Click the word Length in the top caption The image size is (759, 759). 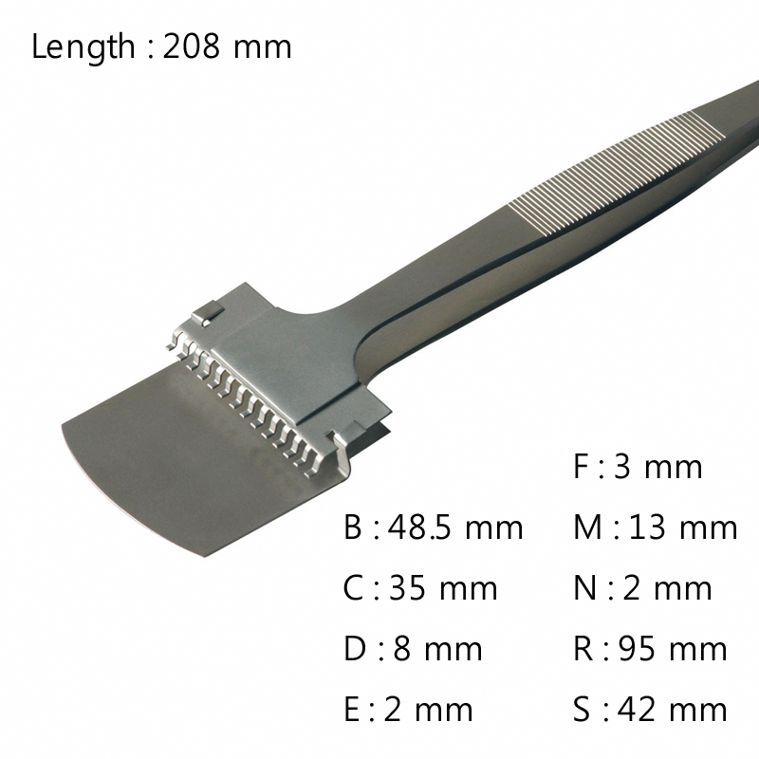(83, 46)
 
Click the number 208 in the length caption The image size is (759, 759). (192, 46)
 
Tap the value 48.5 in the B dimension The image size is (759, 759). (420, 528)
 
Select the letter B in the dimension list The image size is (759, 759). (353, 528)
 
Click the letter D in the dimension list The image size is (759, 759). (354, 649)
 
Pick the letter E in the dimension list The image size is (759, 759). (352, 710)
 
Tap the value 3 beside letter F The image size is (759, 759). (623, 467)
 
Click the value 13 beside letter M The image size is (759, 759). (648, 528)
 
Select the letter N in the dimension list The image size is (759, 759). (584, 588)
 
